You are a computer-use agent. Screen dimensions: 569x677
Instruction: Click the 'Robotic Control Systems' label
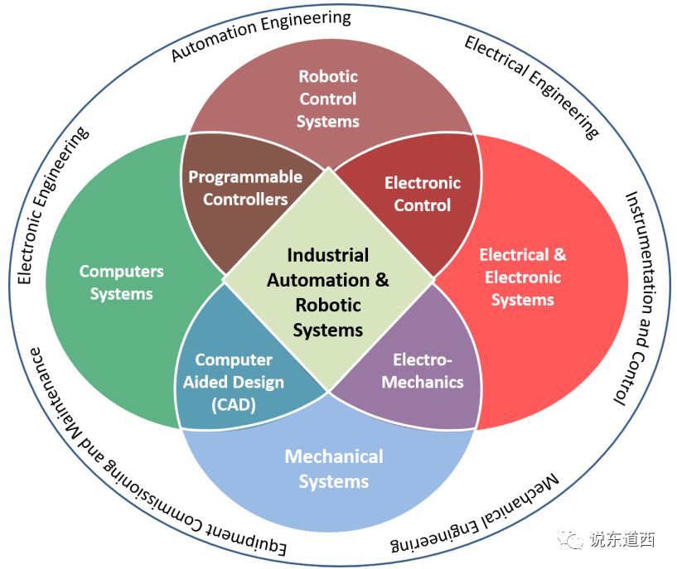point(328,99)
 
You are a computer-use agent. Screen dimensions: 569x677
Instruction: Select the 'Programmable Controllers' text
point(245,188)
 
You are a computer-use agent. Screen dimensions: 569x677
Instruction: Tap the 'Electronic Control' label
point(423,194)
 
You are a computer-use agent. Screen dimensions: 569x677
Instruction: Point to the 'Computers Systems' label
point(122,282)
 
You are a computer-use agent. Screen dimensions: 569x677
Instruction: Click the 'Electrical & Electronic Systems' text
point(523,277)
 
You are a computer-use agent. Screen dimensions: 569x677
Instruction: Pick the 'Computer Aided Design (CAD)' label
point(234,383)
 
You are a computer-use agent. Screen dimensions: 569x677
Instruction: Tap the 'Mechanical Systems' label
point(334,469)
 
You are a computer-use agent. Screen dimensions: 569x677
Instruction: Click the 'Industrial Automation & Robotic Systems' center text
point(328,292)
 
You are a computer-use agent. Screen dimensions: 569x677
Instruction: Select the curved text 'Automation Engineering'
point(261,35)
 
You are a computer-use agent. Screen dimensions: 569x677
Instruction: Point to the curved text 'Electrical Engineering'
point(531,85)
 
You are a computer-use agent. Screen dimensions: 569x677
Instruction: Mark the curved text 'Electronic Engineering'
point(52,207)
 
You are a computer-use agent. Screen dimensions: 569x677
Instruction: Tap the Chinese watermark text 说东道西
point(622,540)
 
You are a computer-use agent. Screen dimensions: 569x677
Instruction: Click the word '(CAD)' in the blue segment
point(234,405)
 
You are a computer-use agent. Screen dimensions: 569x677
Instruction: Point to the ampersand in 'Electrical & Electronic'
point(559,254)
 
